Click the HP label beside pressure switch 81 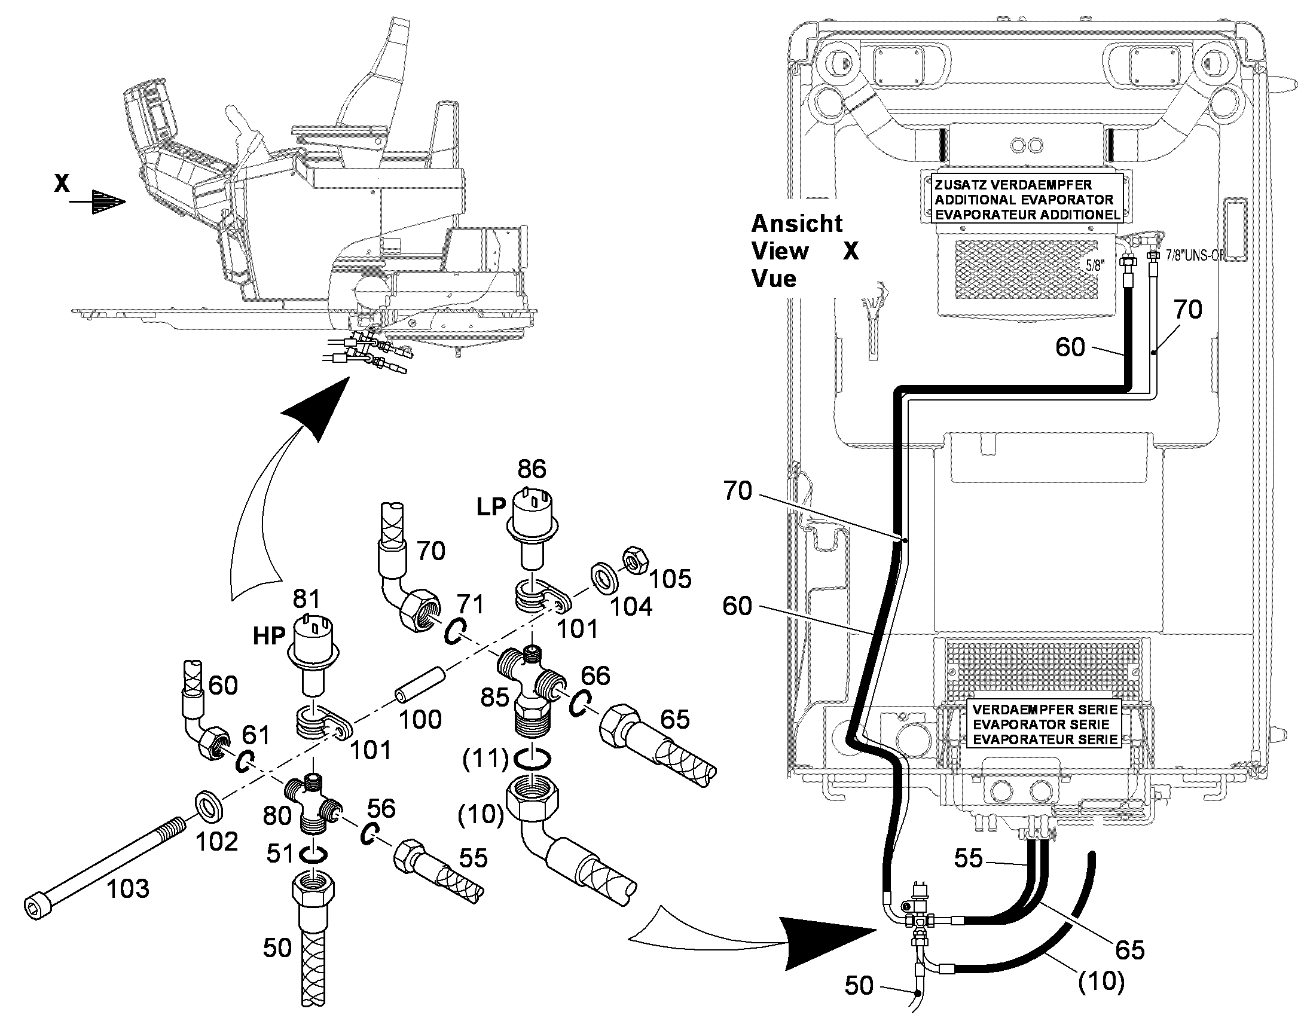269,636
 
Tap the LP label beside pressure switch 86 491,507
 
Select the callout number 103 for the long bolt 128,888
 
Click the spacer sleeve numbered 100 420,683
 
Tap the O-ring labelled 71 455,631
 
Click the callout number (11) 485,758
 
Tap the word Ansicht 797,224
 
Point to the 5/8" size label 1095,265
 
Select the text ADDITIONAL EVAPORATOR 1024,200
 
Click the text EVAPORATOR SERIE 1045,725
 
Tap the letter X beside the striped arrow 62,183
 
